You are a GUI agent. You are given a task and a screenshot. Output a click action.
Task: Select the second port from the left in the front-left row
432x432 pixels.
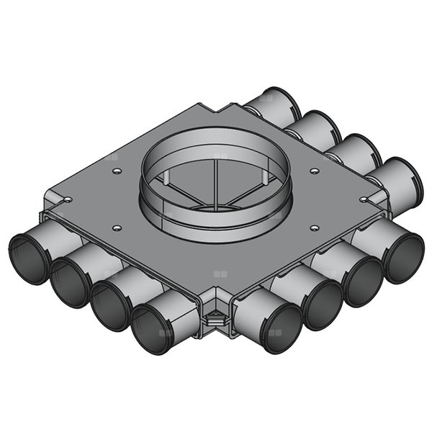click(x=70, y=281)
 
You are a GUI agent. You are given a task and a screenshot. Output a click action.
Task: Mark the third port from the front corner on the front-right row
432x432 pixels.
click(x=362, y=281)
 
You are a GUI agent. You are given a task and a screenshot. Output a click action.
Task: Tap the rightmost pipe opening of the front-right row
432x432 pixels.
click(x=403, y=256)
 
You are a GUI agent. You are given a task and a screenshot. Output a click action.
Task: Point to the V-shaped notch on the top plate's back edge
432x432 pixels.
click(x=218, y=109)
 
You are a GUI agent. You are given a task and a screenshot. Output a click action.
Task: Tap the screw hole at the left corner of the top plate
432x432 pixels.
click(x=66, y=199)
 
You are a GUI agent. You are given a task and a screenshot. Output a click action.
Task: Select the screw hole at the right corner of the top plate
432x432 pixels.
click(x=364, y=199)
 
